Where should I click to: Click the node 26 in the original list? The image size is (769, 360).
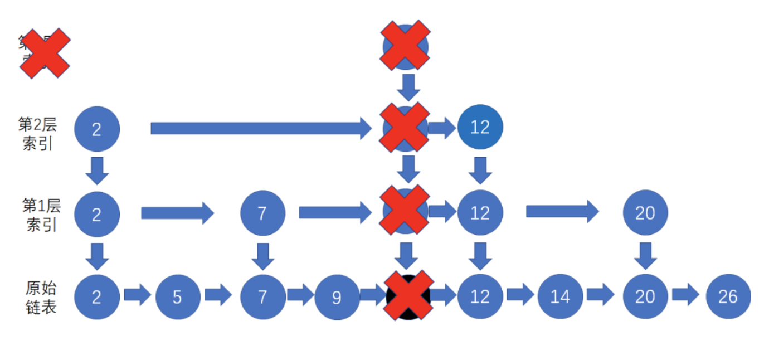pos(728,296)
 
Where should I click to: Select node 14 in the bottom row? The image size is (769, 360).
pos(560,296)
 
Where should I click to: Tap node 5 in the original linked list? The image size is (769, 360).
pos(177,296)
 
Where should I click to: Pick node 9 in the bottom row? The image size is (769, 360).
pos(337,296)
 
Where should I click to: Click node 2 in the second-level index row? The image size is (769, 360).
pos(97,129)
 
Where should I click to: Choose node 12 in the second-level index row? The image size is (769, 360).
pos(480,128)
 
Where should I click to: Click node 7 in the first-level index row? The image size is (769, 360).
pos(262,213)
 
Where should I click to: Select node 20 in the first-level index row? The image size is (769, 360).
pos(645,213)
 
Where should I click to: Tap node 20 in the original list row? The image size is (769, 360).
pos(645,296)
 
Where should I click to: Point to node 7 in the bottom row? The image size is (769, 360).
pos(262,296)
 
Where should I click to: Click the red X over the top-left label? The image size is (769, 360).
pos(45,53)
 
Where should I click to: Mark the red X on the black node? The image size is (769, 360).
pos(408,296)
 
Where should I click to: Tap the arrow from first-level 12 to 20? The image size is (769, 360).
pos(562,211)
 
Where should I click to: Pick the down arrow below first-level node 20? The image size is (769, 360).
pos(645,255)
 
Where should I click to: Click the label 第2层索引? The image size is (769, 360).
pos(38,134)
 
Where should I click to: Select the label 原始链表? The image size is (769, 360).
pos(41,297)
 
